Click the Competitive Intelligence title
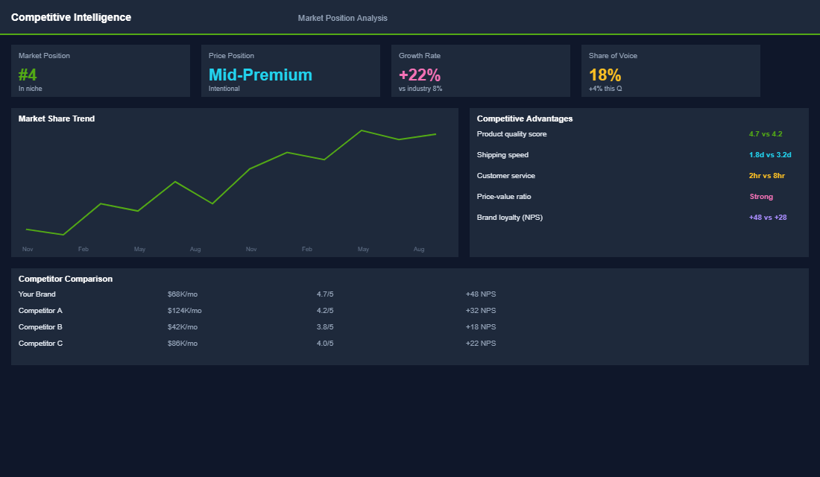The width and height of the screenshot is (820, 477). tap(71, 17)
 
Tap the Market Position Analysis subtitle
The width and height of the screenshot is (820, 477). tap(342, 18)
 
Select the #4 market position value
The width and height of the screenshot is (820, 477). tap(28, 75)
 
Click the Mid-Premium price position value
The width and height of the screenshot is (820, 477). tap(260, 75)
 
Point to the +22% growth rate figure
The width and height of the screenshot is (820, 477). tap(420, 75)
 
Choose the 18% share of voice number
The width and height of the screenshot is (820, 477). tap(605, 75)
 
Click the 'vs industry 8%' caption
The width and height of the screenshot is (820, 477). tap(420, 89)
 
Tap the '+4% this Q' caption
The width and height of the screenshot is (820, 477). tap(605, 89)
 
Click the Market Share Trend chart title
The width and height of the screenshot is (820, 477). tap(57, 119)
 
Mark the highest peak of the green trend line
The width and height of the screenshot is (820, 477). tap(362, 130)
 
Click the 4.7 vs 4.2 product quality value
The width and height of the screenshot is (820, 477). tap(766, 134)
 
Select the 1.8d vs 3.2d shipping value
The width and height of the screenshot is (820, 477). tap(770, 155)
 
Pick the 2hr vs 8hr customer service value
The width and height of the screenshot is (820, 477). tap(767, 176)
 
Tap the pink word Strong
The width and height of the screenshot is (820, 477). tap(761, 197)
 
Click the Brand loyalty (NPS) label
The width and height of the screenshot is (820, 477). tap(509, 218)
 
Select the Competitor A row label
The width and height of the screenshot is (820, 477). tap(40, 311)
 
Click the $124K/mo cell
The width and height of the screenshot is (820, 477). tap(184, 311)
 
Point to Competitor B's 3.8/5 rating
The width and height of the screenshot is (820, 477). tap(325, 327)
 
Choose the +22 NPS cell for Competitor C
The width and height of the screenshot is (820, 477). tap(481, 344)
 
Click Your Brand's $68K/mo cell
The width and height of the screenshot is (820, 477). tap(183, 294)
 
